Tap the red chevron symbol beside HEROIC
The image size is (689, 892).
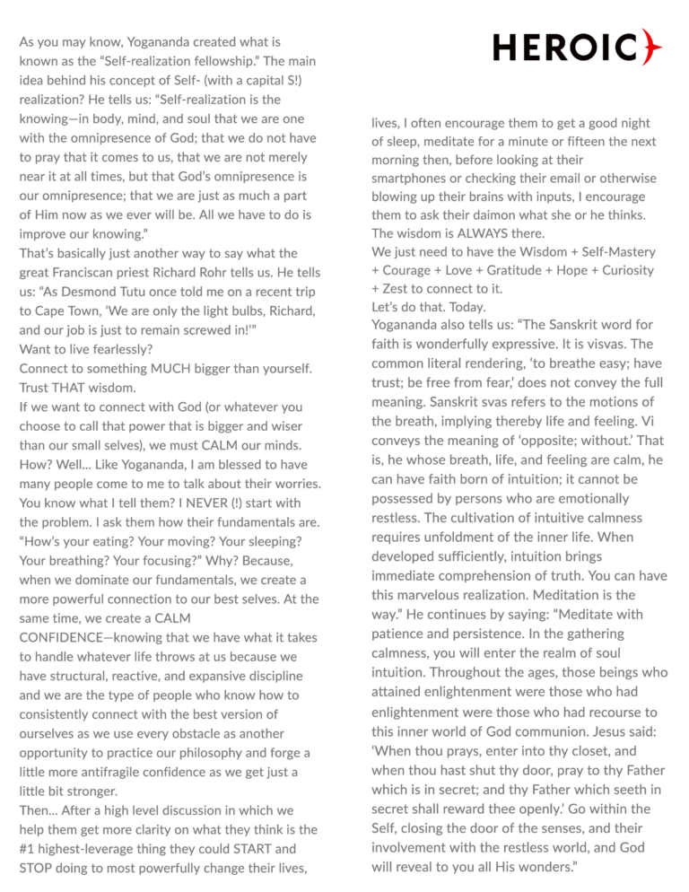[x=651, y=47]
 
